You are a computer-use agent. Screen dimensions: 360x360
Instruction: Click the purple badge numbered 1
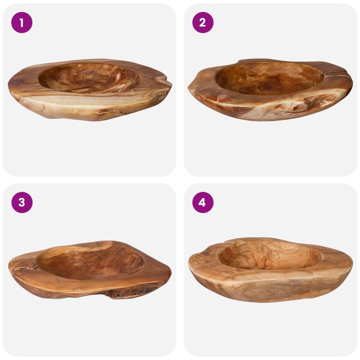pos(22,22)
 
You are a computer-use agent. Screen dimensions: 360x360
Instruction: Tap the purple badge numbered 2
pos(203,22)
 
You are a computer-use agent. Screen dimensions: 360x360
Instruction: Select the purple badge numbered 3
pos(22,202)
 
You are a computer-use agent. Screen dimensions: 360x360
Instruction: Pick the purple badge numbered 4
pos(203,202)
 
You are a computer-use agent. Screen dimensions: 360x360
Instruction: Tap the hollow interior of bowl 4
pos(270,255)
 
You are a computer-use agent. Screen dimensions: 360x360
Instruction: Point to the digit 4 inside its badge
pos(202,203)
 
